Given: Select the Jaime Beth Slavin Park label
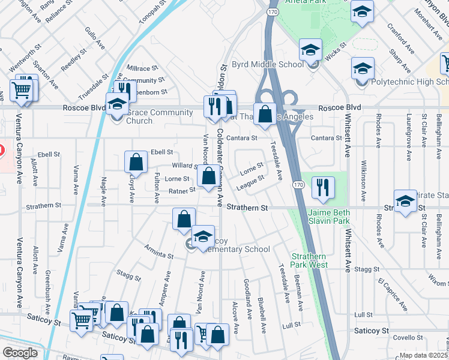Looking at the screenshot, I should pyautogui.click(x=328, y=217).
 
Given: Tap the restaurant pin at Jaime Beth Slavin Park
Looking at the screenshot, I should pyautogui.click(x=323, y=188).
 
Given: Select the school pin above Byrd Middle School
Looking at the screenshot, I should pyautogui.click(x=310, y=50).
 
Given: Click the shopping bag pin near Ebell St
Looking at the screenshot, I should pyautogui.click(x=136, y=162).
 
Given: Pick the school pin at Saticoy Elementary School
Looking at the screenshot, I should pyautogui.click(x=203, y=235).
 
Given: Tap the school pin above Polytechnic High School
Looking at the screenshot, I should pyautogui.click(x=363, y=68).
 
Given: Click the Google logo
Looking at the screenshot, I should pyautogui.click(x=20, y=353).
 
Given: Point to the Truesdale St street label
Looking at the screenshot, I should pyautogui.click(x=92, y=89).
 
